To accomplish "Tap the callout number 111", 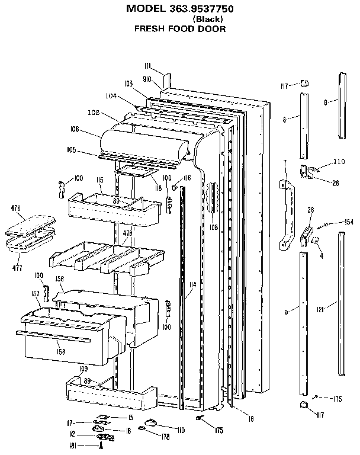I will click(x=148, y=65).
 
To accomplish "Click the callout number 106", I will click(x=74, y=129).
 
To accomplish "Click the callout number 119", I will click(x=339, y=162).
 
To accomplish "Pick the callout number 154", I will click(x=348, y=222).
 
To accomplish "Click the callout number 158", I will click(x=60, y=351).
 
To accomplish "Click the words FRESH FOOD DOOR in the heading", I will click(x=179, y=28).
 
